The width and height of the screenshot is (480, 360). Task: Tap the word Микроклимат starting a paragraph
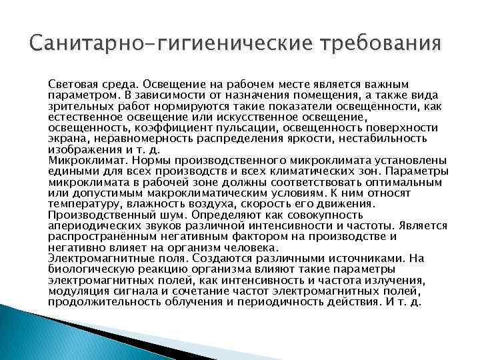pyautogui.click(x=81, y=160)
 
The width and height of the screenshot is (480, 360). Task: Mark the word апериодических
pyautogui.click(x=91, y=226)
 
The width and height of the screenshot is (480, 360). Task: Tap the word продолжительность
pyautogui.click(x=101, y=301)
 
